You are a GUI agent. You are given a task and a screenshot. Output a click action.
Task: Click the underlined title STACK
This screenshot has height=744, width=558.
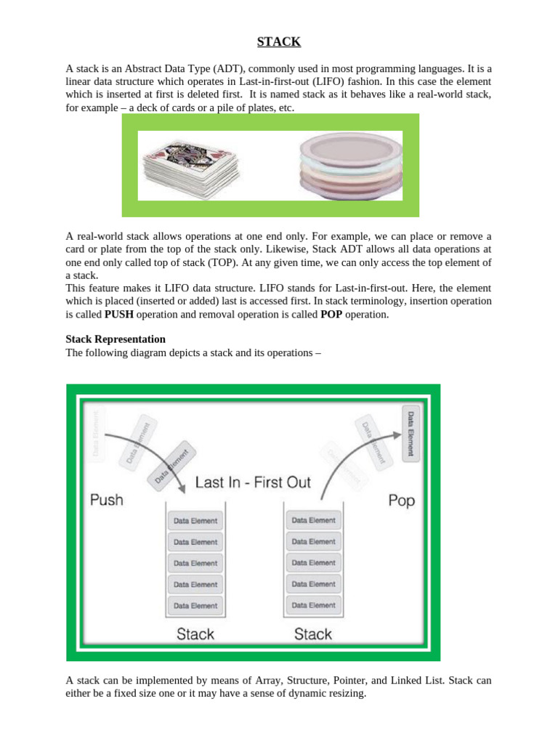coord(278,41)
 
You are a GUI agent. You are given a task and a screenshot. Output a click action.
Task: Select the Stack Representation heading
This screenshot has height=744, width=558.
coord(116,339)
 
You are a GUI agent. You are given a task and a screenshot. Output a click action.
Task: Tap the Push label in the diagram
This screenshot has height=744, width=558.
coord(107,500)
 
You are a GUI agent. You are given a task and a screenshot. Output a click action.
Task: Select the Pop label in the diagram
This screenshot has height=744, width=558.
coord(401,501)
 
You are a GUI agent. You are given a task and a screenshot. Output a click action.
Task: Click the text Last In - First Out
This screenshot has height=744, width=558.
coord(253,482)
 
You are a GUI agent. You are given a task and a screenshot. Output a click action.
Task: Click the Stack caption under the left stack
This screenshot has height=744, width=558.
coord(195,634)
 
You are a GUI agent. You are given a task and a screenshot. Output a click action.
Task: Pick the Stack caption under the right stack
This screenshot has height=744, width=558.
coord(313,634)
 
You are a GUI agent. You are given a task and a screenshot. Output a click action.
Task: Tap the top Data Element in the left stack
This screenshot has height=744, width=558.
coord(193,521)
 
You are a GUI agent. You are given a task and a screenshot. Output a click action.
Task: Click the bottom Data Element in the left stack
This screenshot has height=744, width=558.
coord(193,605)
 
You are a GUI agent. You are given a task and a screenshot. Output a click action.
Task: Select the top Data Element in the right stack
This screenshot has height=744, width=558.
coord(313,520)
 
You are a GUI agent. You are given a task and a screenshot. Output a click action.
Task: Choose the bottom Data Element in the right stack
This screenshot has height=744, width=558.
coord(313,604)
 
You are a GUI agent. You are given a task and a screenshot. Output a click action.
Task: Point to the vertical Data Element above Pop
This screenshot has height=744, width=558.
coord(411,434)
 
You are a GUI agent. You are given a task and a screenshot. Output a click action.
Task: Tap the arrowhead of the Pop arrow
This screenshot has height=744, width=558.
coord(397,434)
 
